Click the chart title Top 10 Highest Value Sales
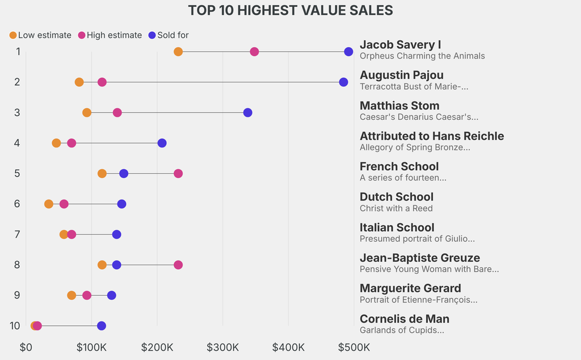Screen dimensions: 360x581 coord(290,10)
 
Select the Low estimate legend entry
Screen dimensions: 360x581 coord(40,35)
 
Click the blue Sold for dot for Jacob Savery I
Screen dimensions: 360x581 coord(348,52)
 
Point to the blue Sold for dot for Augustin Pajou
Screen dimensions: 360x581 coord(343,82)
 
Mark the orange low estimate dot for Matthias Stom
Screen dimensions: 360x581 coord(87,112)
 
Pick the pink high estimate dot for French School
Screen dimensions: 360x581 coord(178,173)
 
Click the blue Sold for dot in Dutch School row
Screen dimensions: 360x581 coord(121,204)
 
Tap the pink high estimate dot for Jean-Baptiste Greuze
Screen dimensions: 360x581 coord(178,265)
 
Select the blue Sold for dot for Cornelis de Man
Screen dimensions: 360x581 coord(102,326)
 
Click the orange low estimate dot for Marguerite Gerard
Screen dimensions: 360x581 coord(71,295)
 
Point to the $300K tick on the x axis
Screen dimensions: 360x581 coord(222,347)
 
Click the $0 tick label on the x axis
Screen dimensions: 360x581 coord(26,347)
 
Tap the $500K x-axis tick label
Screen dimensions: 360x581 coord(354,347)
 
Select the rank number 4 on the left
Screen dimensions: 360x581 coord(17,143)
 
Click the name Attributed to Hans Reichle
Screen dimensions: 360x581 coord(432,136)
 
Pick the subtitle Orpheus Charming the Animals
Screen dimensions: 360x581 coord(422,56)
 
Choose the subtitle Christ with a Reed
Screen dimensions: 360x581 coord(396,208)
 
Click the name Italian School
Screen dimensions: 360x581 coord(397,228)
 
